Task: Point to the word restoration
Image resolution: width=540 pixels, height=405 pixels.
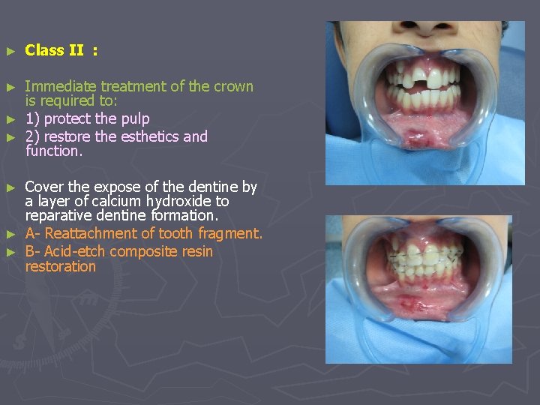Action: tap(61, 266)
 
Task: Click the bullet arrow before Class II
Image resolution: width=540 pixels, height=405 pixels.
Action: tap(10, 51)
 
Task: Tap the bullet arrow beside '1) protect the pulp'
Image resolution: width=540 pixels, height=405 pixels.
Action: tap(10, 119)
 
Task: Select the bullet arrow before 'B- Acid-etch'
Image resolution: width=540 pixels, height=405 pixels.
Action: tap(10, 252)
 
